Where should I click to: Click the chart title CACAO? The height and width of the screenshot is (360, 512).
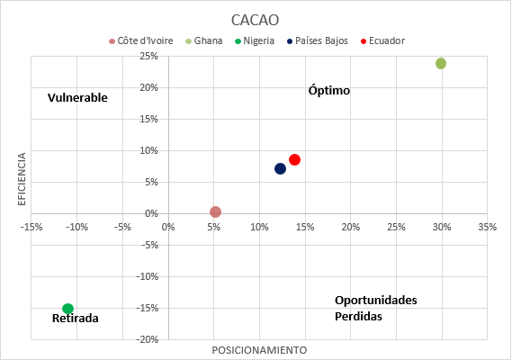coord(256,19)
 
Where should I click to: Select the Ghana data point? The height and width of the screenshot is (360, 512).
coord(441,63)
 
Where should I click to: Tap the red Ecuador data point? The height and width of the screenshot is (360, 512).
coord(294,159)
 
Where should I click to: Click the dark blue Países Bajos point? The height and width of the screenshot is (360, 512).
coord(280,168)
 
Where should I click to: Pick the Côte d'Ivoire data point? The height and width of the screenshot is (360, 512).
coord(215,211)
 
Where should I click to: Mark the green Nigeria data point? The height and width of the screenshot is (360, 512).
coord(67,309)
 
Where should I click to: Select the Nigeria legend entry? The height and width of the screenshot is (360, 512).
coord(259,40)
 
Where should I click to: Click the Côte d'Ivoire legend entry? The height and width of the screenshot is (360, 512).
coord(146,40)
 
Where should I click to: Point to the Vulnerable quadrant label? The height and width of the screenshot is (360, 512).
coord(77,97)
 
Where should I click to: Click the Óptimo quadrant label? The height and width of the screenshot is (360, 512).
coord(328,91)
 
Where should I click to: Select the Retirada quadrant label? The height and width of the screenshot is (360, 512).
coord(76,319)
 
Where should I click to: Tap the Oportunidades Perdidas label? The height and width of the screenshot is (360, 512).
coord(376,308)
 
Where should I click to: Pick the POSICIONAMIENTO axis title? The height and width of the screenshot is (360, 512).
coord(259,349)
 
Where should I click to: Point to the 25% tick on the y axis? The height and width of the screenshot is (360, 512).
coord(149,56)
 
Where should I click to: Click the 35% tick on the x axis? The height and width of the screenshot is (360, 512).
coord(487,227)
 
